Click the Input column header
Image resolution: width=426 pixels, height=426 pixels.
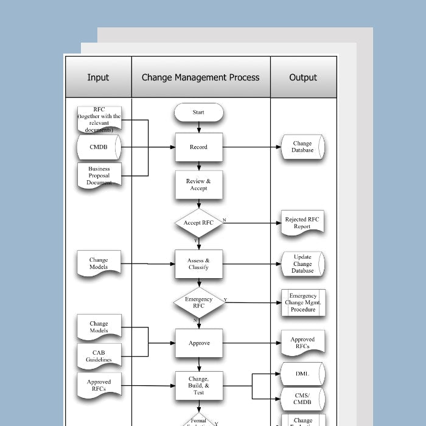[x=98, y=77]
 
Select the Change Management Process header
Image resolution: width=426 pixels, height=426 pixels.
[x=200, y=77]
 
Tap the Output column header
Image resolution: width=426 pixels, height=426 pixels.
[x=303, y=77]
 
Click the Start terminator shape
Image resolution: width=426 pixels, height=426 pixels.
[x=198, y=113]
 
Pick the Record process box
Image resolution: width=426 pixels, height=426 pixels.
[x=198, y=147]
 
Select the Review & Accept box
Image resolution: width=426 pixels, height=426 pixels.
[x=198, y=185]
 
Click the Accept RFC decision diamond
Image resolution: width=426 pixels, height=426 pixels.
[x=198, y=223]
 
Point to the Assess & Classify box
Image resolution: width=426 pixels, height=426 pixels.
[x=198, y=264]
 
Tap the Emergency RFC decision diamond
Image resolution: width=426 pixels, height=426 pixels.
[x=198, y=302]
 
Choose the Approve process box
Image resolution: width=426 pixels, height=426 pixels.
[x=198, y=343]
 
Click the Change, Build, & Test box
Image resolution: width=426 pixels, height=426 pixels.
[x=198, y=385]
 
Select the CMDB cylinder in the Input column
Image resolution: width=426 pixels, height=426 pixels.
[x=99, y=147]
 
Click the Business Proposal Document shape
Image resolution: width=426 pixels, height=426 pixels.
[x=99, y=175]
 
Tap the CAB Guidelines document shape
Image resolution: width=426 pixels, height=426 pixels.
[x=99, y=357]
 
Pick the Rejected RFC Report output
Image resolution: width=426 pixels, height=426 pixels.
[x=302, y=223]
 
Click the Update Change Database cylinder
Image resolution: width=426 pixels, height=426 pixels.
[x=302, y=264]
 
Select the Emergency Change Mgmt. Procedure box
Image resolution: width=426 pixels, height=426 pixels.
[x=302, y=302]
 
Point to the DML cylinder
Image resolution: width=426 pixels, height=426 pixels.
[x=302, y=374]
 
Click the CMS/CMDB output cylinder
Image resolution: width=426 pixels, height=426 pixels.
[x=302, y=399]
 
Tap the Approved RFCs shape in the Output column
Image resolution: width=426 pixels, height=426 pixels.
[x=302, y=343]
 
